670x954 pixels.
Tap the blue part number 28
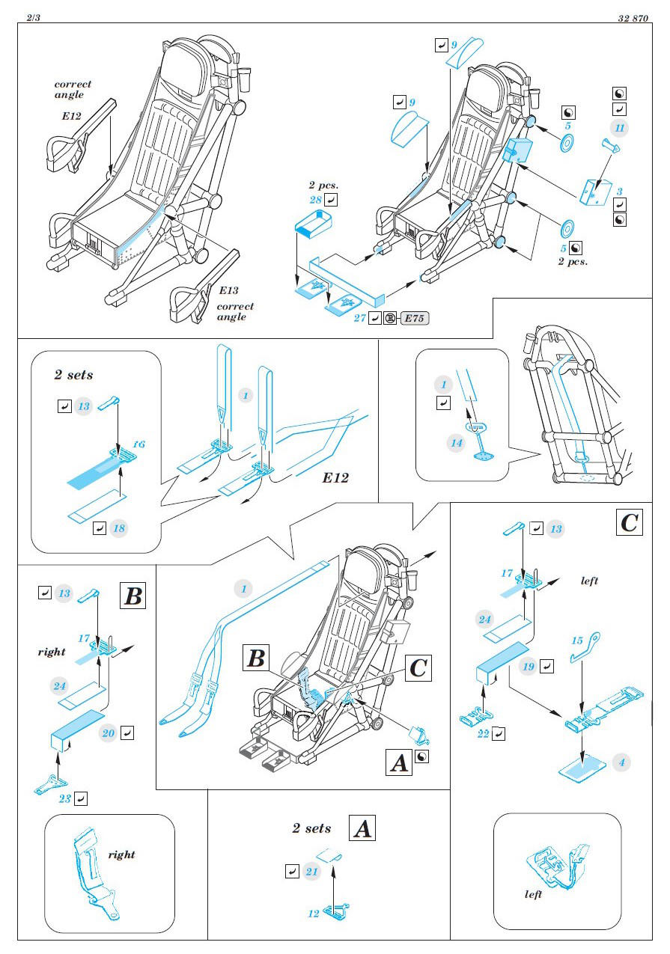pyautogui.click(x=316, y=200)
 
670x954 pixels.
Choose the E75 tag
pyautogui.click(x=415, y=318)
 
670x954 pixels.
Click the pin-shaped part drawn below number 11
pyautogui.click(x=613, y=147)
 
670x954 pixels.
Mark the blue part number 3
pyautogui.click(x=619, y=191)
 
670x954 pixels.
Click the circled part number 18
pyautogui.click(x=118, y=528)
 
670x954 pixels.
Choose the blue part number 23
pyautogui.click(x=66, y=799)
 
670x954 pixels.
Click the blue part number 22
pyautogui.click(x=484, y=734)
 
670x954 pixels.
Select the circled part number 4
pyautogui.click(x=621, y=763)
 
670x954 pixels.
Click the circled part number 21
pyautogui.click(x=312, y=872)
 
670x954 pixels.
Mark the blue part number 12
pyautogui.click(x=314, y=914)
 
